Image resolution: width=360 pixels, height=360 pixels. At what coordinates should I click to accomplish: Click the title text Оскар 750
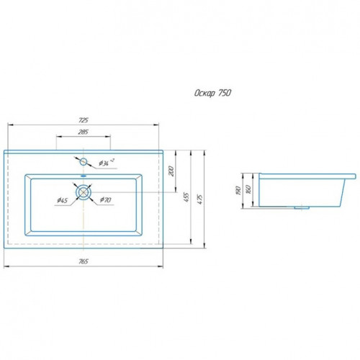pyautogui.click(x=212, y=93)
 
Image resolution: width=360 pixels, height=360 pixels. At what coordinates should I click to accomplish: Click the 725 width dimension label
pyautogui.click(x=84, y=120)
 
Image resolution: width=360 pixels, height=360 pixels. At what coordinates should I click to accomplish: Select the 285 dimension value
pyautogui.click(x=84, y=132)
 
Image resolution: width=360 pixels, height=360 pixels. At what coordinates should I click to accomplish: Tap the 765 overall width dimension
pyautogui.click(x=84, y=261)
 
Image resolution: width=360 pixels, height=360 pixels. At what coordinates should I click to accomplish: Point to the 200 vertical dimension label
pyautogui.click(x=171, y=171)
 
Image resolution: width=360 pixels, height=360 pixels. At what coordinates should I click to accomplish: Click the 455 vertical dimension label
pyautogui.click(x=186, y=197)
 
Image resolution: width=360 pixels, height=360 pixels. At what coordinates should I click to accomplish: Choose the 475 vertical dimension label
pyautogui.click(x=200, y=199)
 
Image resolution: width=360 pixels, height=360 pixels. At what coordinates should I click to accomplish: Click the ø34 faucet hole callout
pyautogui.click(x=107, y=163)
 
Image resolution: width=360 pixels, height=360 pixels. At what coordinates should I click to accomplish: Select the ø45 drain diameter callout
pyautogui.click(x=63, y=200)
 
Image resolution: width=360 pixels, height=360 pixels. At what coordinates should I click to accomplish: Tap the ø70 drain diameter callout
pyautogui.click(x=106, y=199)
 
